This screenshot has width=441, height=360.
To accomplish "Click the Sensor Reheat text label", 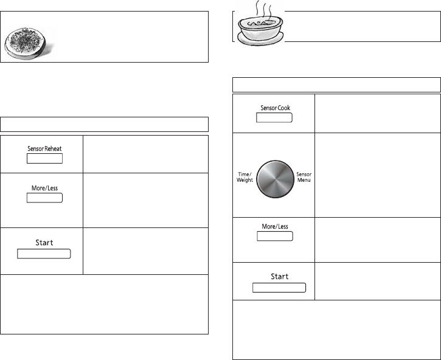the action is click(x=44, y=149).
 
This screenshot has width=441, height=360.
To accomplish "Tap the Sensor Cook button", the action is click(x=274, y=117).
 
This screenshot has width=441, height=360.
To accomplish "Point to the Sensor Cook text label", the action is click(x=274, y=108).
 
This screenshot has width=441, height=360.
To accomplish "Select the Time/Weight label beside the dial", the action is click(x=245, y=177).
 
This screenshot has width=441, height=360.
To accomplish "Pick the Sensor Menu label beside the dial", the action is click(x=304, y=177).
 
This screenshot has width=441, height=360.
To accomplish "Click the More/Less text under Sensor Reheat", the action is click(x=44, y=189).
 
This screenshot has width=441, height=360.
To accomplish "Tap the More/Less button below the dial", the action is click(x=274, y=236).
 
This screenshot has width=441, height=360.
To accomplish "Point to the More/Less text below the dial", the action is click(x=274, y=227).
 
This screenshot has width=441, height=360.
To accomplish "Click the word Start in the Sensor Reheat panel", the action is click(x=44, y=243).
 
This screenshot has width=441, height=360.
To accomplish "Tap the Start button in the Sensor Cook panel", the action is click(x=279, y=288).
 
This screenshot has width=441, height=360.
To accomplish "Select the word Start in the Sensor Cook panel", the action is click(x=279, y=277).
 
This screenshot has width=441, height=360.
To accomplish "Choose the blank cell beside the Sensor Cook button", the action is click(x=377, y=113).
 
